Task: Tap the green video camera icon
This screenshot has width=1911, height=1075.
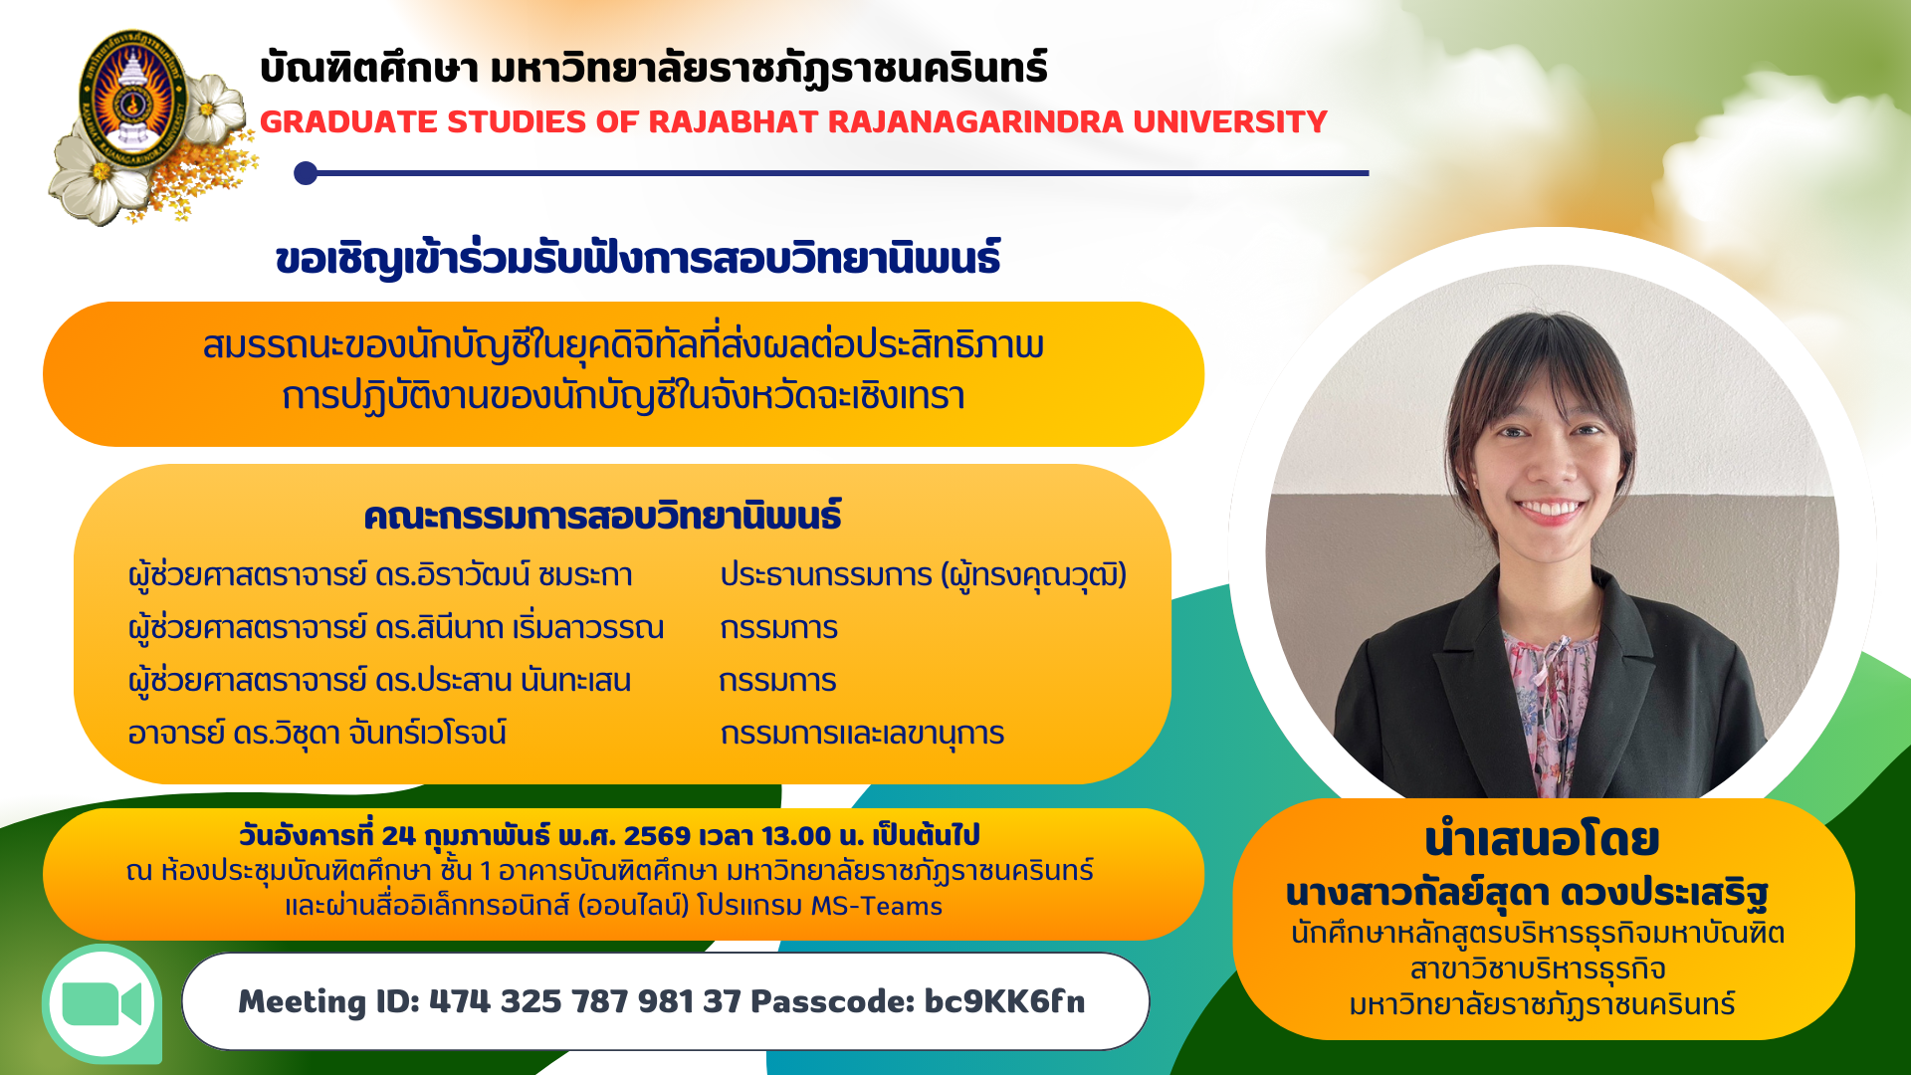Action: point(102,1004)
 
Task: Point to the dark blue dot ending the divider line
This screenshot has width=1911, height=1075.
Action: point(306,173)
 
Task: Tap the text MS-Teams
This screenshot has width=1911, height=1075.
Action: point(876,906)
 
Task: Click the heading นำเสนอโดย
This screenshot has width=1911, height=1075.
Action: point(1542,839)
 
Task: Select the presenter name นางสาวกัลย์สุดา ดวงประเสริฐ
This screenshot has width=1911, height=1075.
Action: point(1527,893)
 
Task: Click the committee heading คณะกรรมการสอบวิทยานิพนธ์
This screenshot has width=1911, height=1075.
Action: point(602,516)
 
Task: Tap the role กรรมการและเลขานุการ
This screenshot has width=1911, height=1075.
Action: point(862,734)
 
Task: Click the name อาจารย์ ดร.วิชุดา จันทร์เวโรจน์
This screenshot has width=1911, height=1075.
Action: point(318,734)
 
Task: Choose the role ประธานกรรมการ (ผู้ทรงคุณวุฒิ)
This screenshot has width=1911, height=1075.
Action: point(924,575)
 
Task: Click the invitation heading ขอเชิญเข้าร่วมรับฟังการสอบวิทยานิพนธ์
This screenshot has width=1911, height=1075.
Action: point(638,259)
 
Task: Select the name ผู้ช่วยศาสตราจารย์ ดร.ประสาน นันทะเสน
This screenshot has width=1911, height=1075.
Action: point(379,681)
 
